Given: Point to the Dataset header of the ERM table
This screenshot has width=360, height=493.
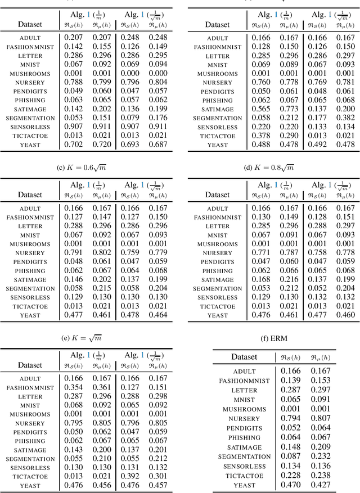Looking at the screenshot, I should pyautogui.click(x=244, y=357).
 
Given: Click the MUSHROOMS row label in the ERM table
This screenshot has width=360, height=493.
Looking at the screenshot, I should pyautogui.click(x=244, y=409).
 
